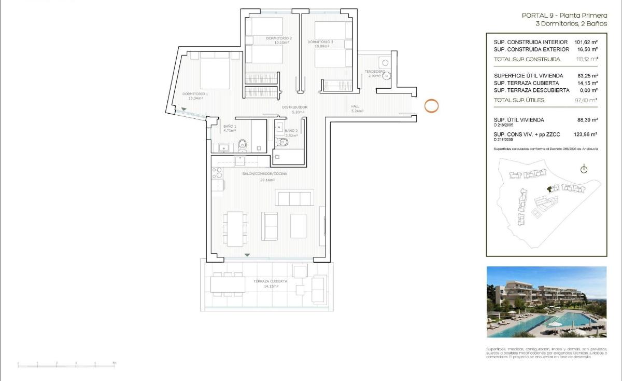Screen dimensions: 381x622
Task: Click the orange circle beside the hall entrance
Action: click(431, 105)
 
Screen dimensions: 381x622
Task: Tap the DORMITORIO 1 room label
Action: click(194, 94)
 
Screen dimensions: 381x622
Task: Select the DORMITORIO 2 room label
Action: click(279, 38)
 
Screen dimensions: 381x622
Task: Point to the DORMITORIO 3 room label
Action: click(320, 42)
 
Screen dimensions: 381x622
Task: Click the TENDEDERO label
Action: click(374, 71)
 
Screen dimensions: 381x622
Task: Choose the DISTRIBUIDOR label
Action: click(295, 107)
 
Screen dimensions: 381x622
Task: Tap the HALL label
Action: click(355, 106)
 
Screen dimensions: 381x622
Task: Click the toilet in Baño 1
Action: click(242, 145)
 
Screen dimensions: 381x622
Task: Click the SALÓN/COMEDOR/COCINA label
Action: click(264, 174)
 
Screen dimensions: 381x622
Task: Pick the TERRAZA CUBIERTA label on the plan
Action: click(266, 281)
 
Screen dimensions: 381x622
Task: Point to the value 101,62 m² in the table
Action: click(586, 42)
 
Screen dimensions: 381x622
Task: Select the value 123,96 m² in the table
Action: click(586, 134)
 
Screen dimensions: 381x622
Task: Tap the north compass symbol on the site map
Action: click(584, 169)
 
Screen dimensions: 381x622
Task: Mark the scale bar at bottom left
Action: click(67, 364)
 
